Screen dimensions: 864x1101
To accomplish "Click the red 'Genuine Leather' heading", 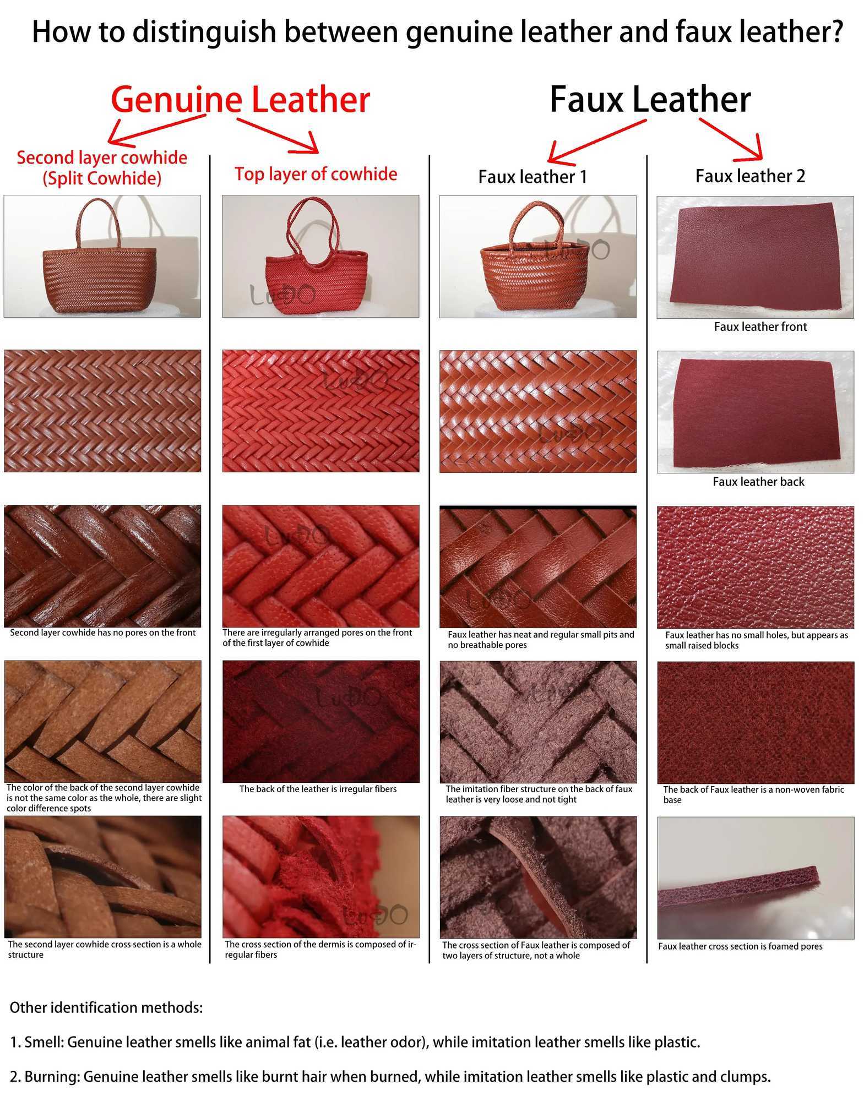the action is point(240,100).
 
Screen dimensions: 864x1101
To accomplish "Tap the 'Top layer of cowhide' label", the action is point(316,174).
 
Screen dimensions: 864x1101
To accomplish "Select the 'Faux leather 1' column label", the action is point(532,177).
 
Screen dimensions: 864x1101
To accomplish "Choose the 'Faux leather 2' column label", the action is point(750,176).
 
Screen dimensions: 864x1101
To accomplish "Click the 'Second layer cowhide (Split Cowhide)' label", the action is point(102,168).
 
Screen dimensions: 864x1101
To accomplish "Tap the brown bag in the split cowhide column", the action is point(100,256).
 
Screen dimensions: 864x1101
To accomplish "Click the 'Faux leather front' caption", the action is point(760,327).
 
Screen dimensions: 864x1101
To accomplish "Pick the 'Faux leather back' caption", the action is point(758,482).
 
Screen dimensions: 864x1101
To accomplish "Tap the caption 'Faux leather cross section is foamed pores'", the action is point(740,946).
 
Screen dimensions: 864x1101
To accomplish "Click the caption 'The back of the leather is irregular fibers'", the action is point(318,789).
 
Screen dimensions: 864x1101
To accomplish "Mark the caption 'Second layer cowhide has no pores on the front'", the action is point(102,633).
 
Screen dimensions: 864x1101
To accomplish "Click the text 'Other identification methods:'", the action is point(106,1007).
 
